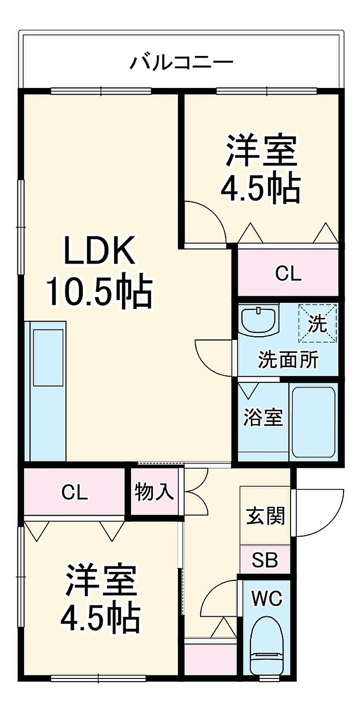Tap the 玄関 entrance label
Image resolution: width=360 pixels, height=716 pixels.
point(265,516)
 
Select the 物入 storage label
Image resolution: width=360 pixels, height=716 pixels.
point(154,492)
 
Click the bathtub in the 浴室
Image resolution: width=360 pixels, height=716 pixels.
point(313,421)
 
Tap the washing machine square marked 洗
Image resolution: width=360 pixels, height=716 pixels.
point(317,323)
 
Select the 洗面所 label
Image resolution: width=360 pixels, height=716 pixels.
point(287,359)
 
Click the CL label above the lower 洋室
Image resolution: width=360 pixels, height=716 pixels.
point(75,492)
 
